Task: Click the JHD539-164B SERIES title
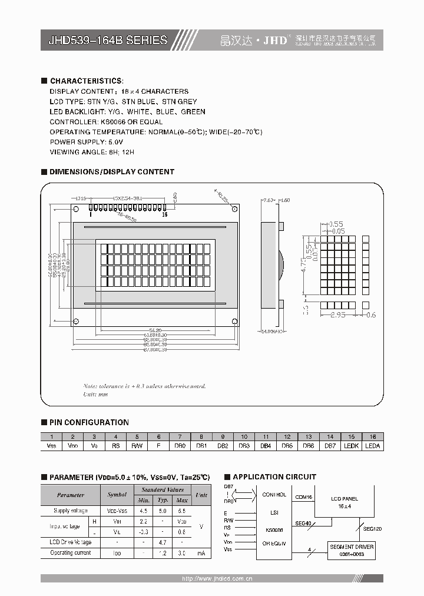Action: click(x=104, y=41)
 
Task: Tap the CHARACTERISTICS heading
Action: click(x=87, y=81)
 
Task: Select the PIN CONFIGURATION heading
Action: click(x=89, y=422)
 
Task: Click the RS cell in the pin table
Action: click(x=115, y=446)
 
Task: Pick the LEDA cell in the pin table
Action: click(x=372, y=446)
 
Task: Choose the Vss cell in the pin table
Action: click(x=52, y=446)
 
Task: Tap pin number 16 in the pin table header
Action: click(x=372, y=437)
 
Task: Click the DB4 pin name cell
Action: click(x=266, y=446)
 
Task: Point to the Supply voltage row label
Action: click(x=70, y=511)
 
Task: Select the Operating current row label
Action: click(x=70, y=553)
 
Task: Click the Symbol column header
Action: click(x=117, y=495)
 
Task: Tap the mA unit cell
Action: click(x=201, y=553)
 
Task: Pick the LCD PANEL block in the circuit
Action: click(x=345, y=502)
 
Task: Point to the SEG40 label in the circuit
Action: click(x=303, y=524)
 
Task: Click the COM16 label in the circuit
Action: click(x=303, y=498)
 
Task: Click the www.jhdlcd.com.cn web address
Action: click(x=217, y=578)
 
